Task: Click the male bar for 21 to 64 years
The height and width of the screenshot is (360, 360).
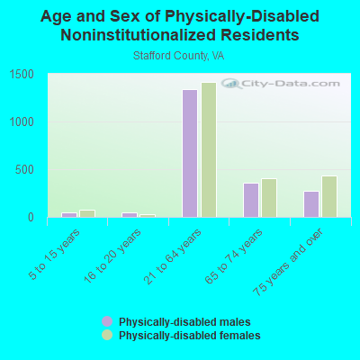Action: click(x=190, y=153)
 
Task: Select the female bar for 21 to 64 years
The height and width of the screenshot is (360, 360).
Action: click(x=209, y=149)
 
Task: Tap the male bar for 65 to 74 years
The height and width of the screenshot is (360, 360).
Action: click(x=251, y=200)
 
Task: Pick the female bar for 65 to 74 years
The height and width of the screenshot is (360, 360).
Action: click(x=269, y=198)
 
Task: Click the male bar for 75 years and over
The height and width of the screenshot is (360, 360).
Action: click(x=311, y=204)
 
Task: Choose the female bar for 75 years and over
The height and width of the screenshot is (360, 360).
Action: click(x=329, y=196)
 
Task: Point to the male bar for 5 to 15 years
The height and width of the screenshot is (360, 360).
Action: click(x=69, y=215)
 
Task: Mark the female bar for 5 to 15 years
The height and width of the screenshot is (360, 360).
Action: click(x=87, y=213)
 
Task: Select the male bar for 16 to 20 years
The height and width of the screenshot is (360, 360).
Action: click(x=130, y=215)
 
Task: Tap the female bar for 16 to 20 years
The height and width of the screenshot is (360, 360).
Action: click(x=148, y=216)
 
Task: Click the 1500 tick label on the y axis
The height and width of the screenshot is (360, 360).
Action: click(x=22, y=75)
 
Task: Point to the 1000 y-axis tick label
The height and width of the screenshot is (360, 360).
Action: click(x=22, y=122)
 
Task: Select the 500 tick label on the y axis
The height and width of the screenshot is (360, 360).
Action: click(x=24, y=170)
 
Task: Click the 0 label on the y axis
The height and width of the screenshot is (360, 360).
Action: click(x=31, y=218)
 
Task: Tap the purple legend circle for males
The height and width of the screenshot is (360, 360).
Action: click(x=107, y=321)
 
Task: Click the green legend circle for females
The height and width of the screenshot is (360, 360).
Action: click(x=107, y=335)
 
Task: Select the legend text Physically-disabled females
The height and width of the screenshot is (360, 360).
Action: click(x=190, y=335)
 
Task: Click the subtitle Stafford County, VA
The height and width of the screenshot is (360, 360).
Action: click(x=179, y=56)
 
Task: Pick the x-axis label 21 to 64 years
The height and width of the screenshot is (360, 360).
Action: click(x=173, y=256)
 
